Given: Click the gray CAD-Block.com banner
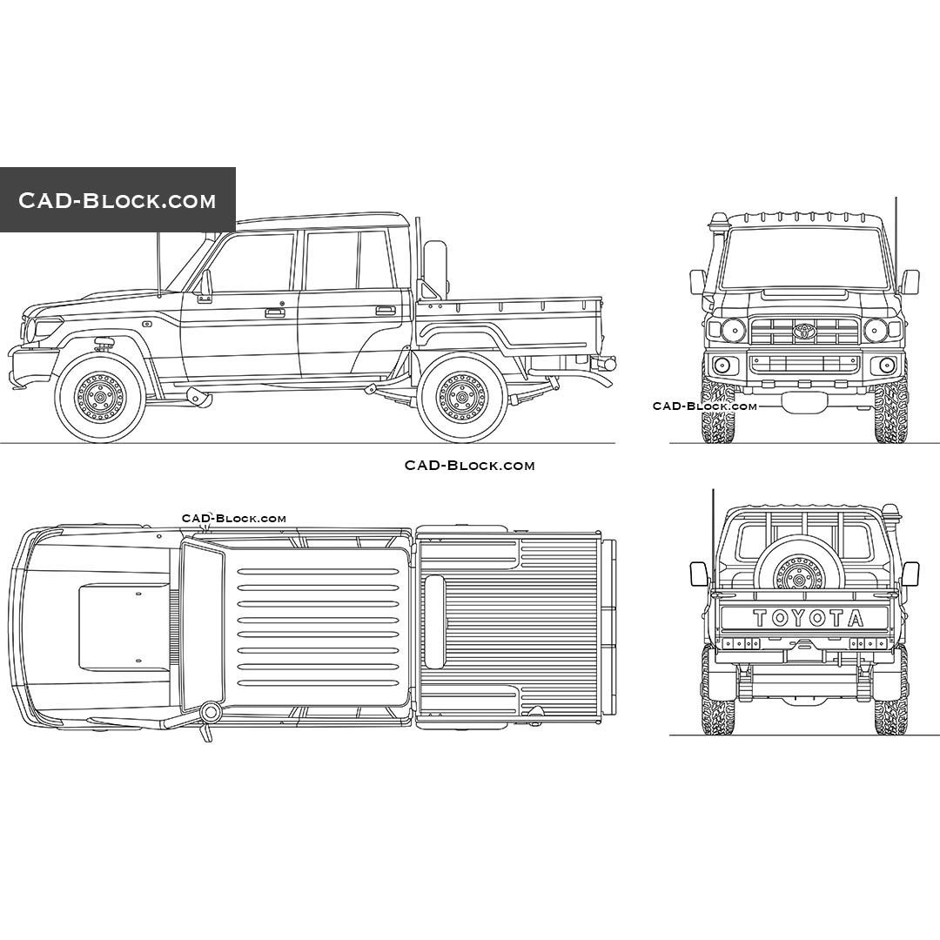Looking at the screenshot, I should pos(117,200).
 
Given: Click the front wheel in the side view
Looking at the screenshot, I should pos(100,399).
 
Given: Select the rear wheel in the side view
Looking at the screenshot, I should pos(462,399).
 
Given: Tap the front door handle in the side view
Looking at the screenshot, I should pos(275,312).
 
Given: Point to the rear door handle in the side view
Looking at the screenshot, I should pos(385,310).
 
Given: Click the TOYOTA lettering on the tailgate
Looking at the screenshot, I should pos(808,618).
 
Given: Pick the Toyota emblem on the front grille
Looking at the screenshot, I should pos(804,331).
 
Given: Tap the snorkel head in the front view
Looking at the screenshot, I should pos(719,227).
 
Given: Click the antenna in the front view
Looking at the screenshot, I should pos(896,244).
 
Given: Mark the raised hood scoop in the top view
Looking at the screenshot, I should pos(124,627).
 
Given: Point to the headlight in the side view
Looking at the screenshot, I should pos(45,327).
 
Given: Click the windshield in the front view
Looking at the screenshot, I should pos(804,258).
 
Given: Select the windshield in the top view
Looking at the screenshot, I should pos(202,627).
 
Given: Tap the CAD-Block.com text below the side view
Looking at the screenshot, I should pos(469,466).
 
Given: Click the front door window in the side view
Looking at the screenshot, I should pos(252,262).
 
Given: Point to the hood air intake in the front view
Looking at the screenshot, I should pos(804,294).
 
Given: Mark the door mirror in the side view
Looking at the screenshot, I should pos(205,286).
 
